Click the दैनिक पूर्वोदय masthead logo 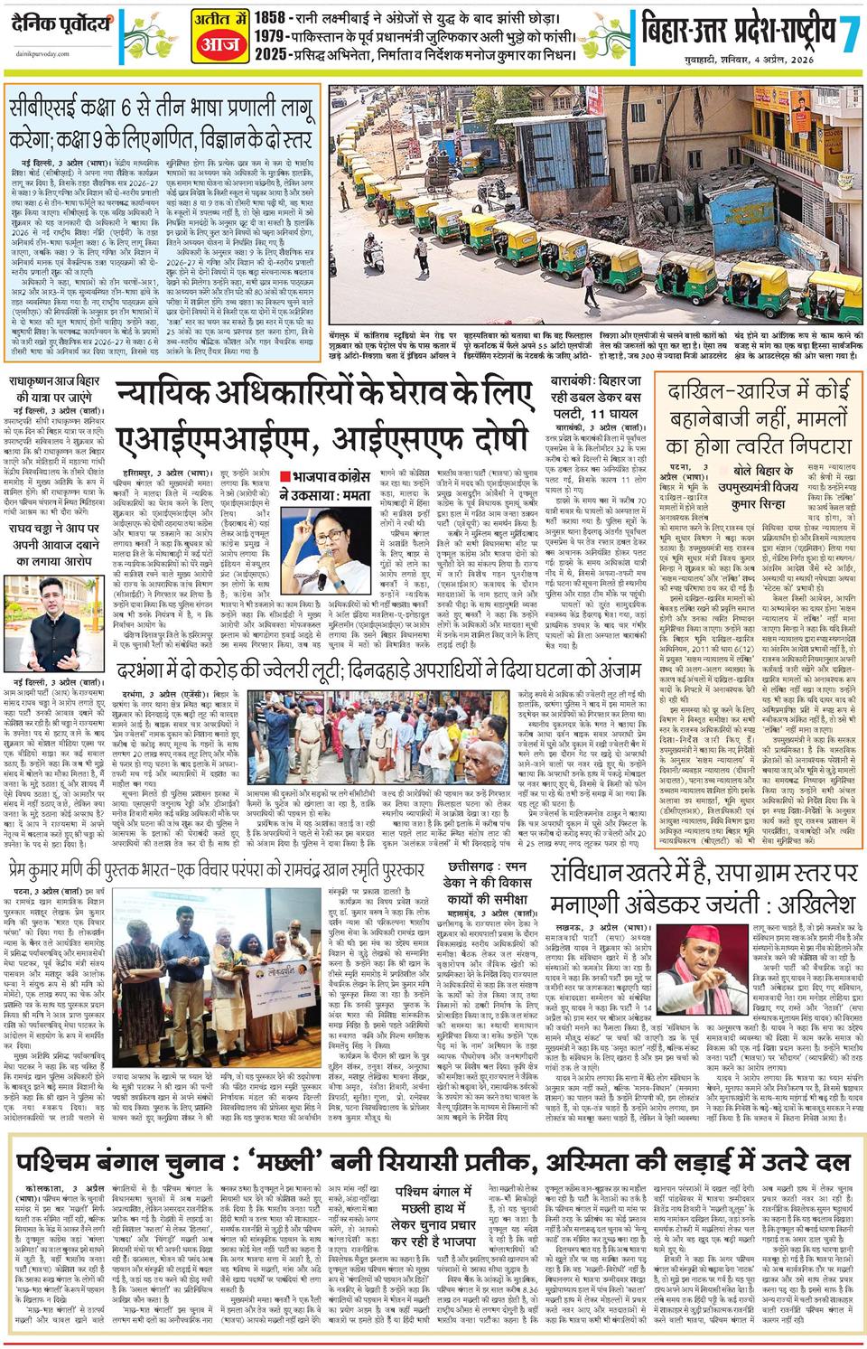[57, 18]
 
